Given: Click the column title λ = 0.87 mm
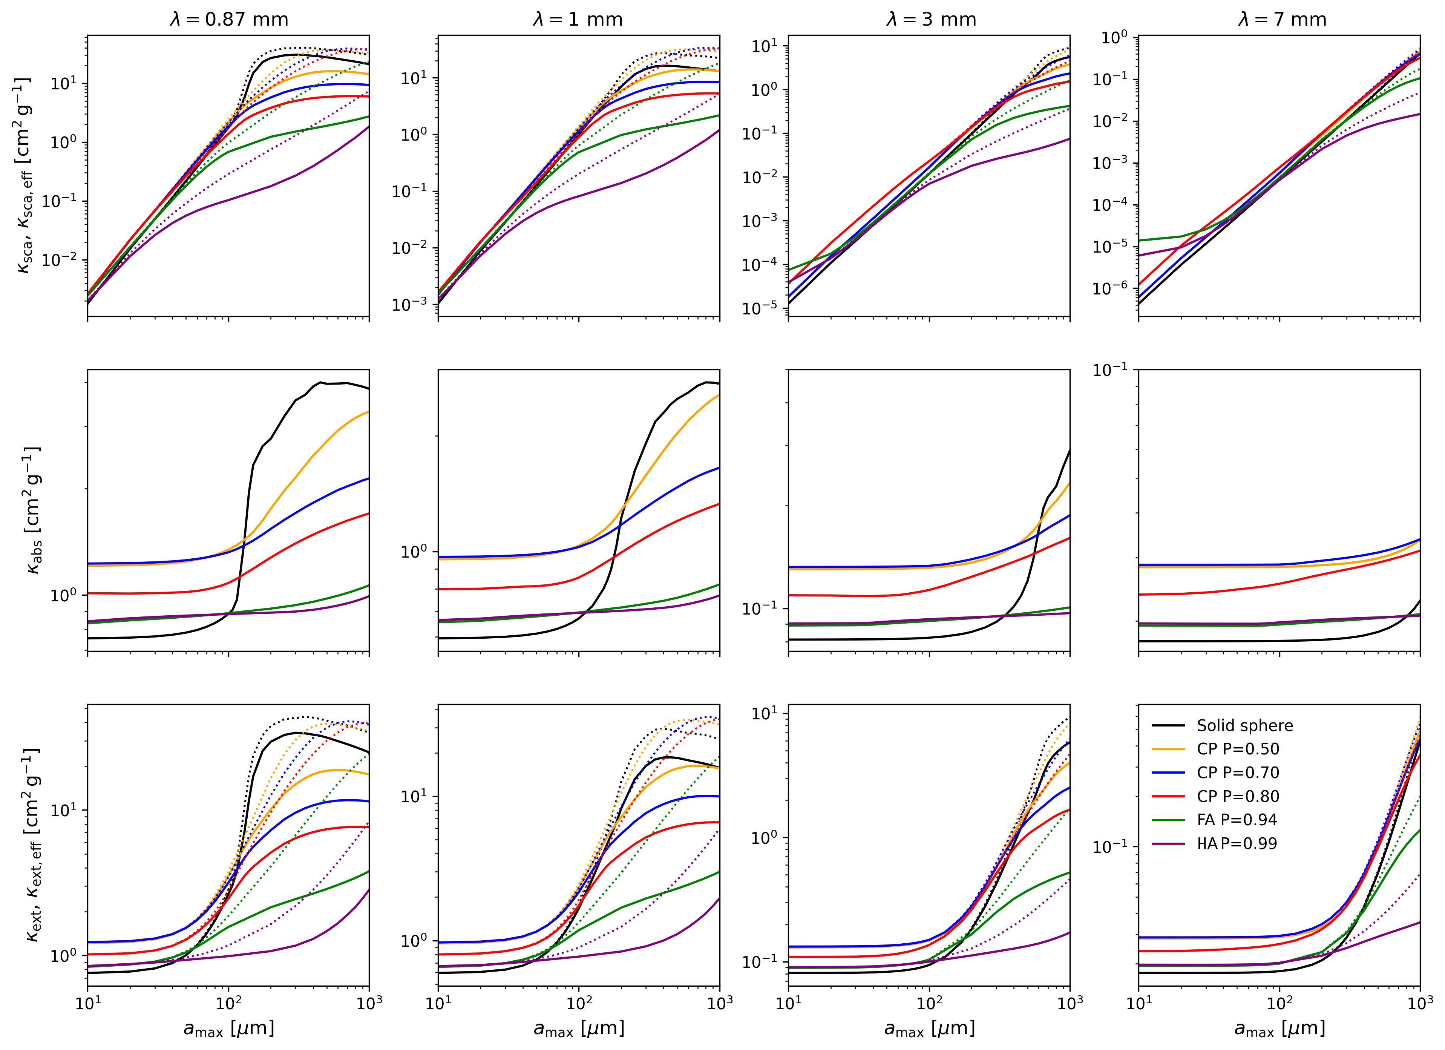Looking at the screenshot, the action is click(x=229, y=19).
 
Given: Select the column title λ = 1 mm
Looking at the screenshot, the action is click(x=578, y=19).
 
